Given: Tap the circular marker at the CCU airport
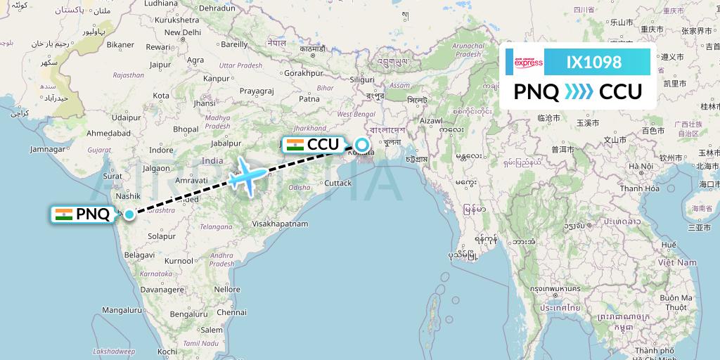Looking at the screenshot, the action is point(361,146).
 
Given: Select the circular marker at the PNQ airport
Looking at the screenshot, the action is point(128,214).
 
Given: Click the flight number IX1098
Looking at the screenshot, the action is point(594,63).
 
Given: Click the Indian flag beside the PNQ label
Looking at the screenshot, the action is point(64,214).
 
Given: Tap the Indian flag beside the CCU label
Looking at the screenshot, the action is point(295,146).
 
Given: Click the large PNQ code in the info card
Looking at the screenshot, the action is point(536,92).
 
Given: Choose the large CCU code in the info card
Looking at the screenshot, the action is point(620,92).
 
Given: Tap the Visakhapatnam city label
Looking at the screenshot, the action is point(281,224).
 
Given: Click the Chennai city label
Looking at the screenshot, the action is point(232,311).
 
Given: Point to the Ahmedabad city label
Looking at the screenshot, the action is point(108,133).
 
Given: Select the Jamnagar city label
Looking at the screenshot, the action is point(47,149).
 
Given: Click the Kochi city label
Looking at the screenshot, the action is point(167,351).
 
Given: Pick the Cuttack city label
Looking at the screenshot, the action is point(337,183).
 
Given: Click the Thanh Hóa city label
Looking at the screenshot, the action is point(639,188).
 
